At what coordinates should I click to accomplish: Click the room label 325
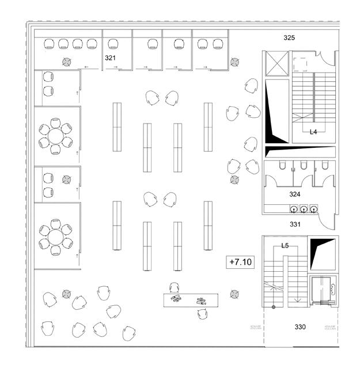pos(289,38)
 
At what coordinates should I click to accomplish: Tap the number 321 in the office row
pos(110,58)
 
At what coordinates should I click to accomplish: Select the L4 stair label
pos(313,132)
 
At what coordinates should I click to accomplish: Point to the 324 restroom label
pos(295,194)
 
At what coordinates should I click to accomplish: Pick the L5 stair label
pos(285,246)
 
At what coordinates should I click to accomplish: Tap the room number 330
pos(300,327)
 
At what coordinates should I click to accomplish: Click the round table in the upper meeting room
pos(55,136)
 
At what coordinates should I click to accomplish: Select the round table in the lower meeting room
pos(55,236)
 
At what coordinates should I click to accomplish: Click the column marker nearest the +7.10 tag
pos(234,294)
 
